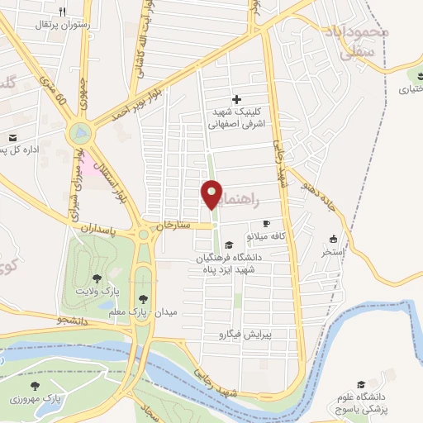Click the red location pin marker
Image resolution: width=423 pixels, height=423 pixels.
(212, 194)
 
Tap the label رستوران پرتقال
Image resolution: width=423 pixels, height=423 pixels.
(31, 25)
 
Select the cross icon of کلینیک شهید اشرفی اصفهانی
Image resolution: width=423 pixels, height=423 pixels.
(237, 98)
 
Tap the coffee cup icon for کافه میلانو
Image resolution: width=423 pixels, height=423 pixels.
(266, 223)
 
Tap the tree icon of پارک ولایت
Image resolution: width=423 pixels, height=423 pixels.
(98, 278)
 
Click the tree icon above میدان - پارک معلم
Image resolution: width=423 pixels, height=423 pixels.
(144, 298)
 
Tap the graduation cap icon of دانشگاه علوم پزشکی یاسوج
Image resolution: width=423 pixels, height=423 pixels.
(360, 384)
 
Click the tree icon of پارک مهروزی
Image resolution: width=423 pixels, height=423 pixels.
(35, 386)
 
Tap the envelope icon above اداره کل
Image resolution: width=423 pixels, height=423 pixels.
(12, 138)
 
